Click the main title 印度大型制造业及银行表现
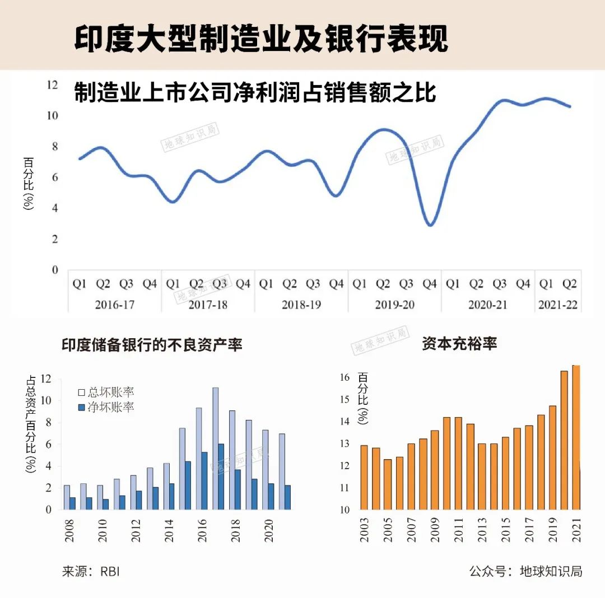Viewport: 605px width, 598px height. tap(261, 38)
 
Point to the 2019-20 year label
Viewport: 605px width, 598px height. tap(394, 305)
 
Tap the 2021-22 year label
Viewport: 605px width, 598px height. tap(557, 305)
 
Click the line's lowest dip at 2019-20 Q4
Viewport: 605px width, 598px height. tap(430, 225)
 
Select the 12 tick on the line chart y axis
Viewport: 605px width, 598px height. tap(52, 85)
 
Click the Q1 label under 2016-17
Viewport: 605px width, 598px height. tap(80, 284)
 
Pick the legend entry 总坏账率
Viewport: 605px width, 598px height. tap(106, 392)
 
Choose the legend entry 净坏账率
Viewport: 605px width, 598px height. tap(106, 407)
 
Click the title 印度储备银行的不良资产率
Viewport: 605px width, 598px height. tap(152, 345)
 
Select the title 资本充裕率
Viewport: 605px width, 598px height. tap(459, 344)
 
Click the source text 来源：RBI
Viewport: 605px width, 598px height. tap(91, 572)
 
